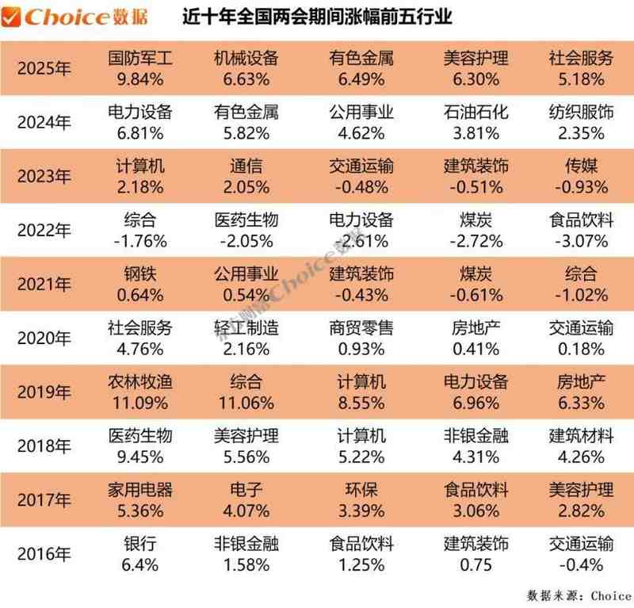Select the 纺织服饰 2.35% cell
581,122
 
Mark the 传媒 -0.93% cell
581,176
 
